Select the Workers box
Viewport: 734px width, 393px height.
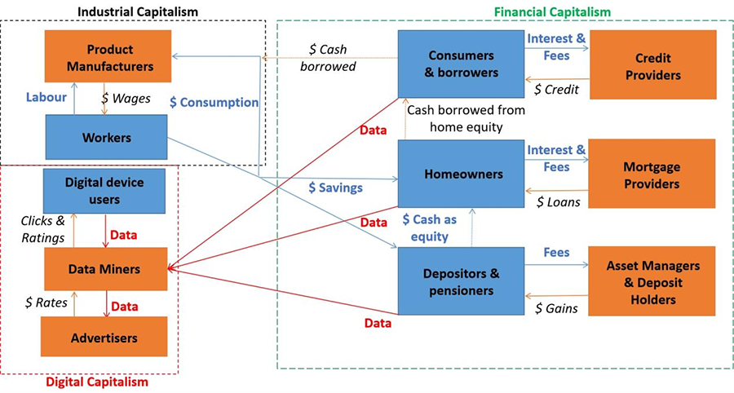tap(106, 138)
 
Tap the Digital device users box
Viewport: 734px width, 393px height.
tap(104, 192)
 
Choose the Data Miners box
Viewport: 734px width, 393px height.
tap(104, 269)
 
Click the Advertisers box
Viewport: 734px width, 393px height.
tap(104, 337)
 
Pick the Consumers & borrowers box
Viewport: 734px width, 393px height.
tap(460, 64)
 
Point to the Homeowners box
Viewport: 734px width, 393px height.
tap(460, 174)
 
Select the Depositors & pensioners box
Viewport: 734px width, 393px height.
tap(460, 280)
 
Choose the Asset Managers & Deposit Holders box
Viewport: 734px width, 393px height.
tap(652, 281)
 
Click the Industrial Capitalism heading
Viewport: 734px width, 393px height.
tap(136, 10)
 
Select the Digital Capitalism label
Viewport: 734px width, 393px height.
tap(97, 381)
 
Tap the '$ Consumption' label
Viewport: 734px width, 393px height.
tap(214, 103)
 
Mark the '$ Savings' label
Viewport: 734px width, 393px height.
tap(335, 188)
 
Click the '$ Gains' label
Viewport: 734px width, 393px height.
tap(558, 308)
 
